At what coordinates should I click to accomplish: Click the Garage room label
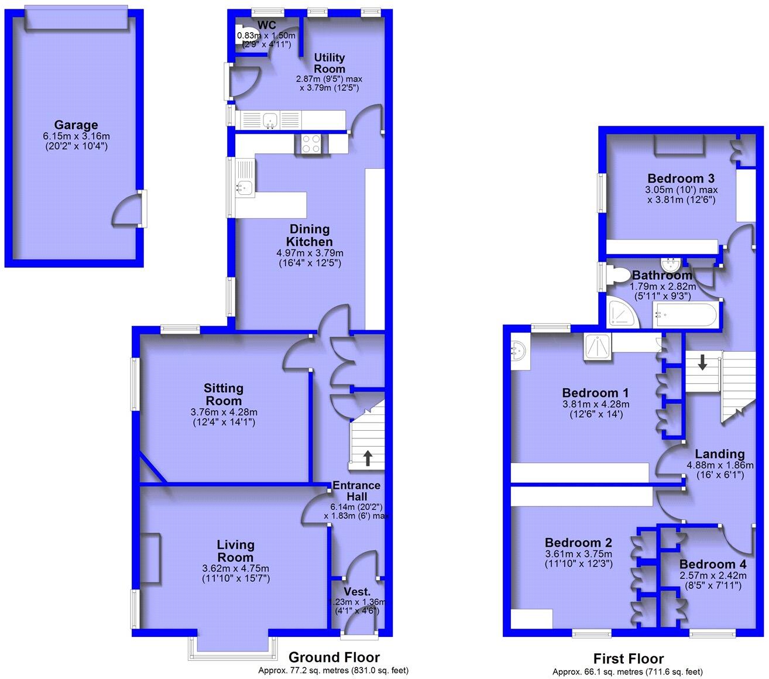tap(76, 125)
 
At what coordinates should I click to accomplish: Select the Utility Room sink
tap(270, 121)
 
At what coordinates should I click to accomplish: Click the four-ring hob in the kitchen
tap(311, 143)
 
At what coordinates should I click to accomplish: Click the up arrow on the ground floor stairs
tap(368, 457)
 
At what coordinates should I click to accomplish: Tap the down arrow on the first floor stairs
tap(702, 362)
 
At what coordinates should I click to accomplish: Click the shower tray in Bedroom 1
tap(598, 347)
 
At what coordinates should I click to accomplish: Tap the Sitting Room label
tap(224, 394)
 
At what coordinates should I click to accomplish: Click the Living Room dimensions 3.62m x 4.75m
tap(236, 568)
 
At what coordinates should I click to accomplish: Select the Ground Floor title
tap(334, 657)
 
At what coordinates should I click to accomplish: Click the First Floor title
tap(628, 659)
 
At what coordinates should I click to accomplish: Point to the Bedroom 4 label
tap(713, 564)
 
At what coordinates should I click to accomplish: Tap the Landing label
tap(719, 454)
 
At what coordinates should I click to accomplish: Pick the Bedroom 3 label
tap(681, 179)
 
